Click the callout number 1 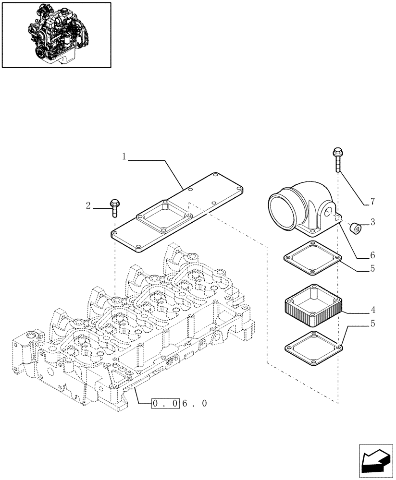click(124, 156)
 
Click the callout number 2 click(88, 206)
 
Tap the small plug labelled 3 click(356, 227)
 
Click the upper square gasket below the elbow click(312, 259)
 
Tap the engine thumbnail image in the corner click(56, 34)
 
